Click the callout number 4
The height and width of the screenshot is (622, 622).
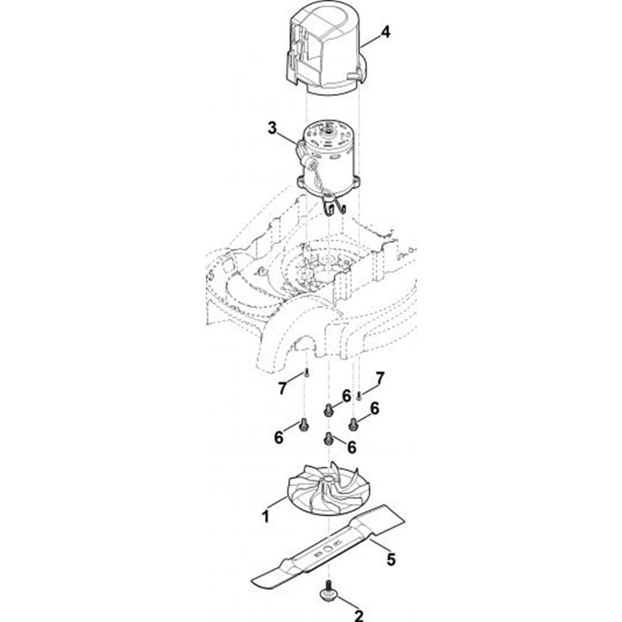tap(385, 32)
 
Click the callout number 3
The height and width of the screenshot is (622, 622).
tap(272, 128)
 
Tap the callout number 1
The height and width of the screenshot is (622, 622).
tap(266, 516)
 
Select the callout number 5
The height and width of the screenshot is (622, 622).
tap(391, 560)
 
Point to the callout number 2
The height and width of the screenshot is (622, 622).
tap(359, 616)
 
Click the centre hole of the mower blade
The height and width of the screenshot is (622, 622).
tap(329, 549)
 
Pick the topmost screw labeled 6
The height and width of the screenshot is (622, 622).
tap(328, 410)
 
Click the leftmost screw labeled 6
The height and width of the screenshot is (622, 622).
tap(304, 424)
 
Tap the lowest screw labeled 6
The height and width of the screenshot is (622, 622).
tap(328, 439)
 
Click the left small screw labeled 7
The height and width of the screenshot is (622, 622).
tap(306, 373)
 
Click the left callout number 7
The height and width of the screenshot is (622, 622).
tap(282, 389)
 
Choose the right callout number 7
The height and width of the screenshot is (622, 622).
tap(380, 378)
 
